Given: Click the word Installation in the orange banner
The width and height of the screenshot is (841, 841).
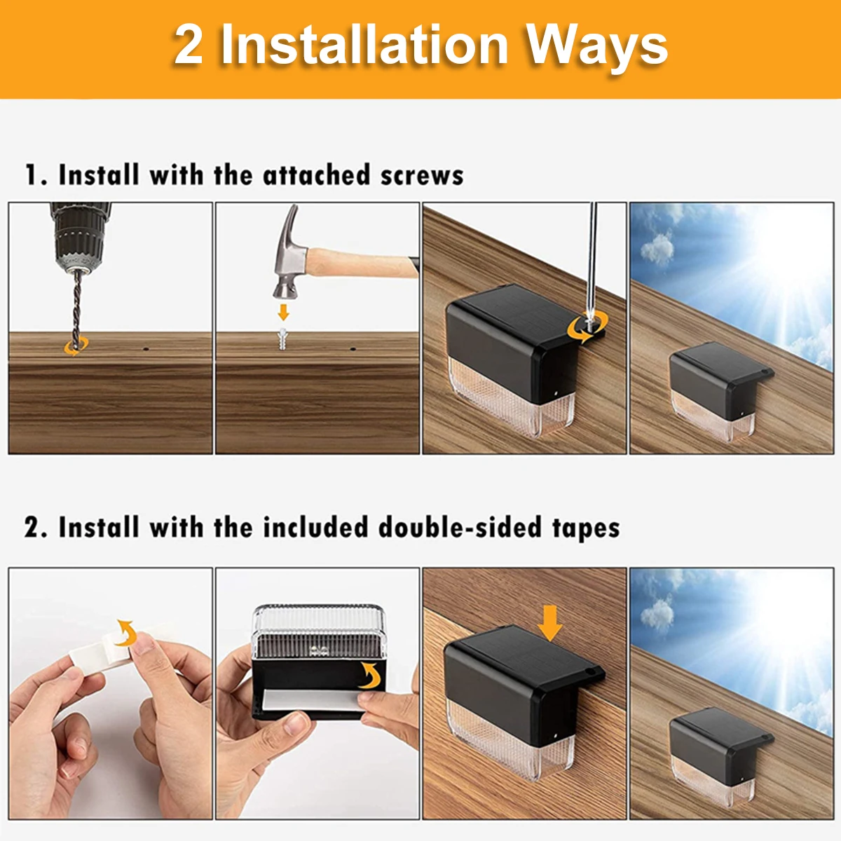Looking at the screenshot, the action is tap(364, 45).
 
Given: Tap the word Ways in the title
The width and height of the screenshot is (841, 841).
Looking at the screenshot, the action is tap(598, 49).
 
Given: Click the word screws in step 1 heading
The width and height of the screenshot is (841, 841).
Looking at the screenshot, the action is tap(422, 175).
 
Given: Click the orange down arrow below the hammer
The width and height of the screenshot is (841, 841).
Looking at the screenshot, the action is tap(284, 313).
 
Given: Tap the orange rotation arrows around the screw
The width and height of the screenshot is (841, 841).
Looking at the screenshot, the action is tap(587, 327).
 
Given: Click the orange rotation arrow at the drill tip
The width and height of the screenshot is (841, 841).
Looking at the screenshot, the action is tap(76, 347).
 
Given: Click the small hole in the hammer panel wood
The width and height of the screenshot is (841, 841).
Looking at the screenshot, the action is tap(353, 349).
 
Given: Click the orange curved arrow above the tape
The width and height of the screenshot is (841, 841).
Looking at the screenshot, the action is tap(126, 633).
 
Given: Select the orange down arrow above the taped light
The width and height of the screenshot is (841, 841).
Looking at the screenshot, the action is tap(549, 623).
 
